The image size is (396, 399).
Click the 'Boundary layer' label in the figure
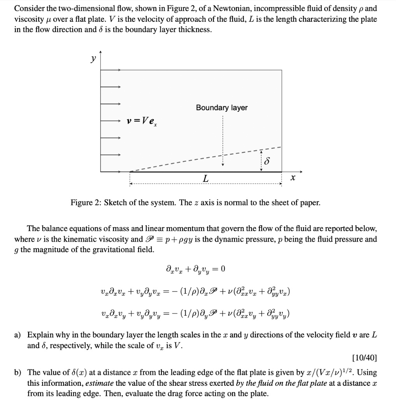(221, 108)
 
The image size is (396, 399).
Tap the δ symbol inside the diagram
(267, 161)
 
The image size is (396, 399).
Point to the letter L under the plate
(205, 178)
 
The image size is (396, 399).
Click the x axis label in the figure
(293, 178)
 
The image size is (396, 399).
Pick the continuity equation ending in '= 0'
(195, 269)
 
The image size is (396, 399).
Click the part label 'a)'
(18, 335)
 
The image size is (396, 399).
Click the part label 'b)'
(18, 373)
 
